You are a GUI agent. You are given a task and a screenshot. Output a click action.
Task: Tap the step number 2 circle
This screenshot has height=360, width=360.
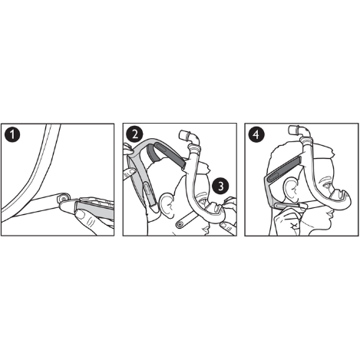pyautogui.click(x=134, y=134)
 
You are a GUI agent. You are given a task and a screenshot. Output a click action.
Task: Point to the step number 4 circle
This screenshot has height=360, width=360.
pyautogui.click(x=256, y=134)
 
